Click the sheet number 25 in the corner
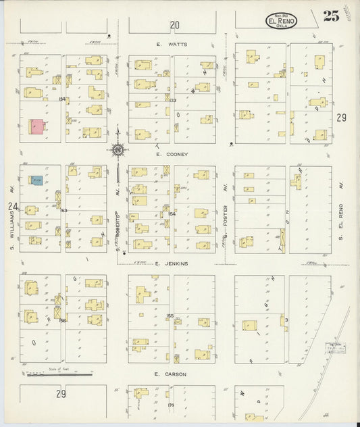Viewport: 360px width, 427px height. click(331, 17)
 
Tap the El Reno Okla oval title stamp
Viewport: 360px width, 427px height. click(280, 20)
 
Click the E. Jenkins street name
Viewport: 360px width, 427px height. click(172, 264)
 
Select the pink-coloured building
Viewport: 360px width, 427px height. click(36, 126)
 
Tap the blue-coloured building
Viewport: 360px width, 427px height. click(36, 180)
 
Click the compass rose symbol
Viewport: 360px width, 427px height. click(118, 150)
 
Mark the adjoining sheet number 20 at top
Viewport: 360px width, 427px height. click(175, 26)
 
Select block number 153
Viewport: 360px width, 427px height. click(63, 211)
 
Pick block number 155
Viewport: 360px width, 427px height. click(170, 316)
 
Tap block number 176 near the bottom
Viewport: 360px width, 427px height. click(171, 405)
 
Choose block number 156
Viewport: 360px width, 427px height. click(61, 320)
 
